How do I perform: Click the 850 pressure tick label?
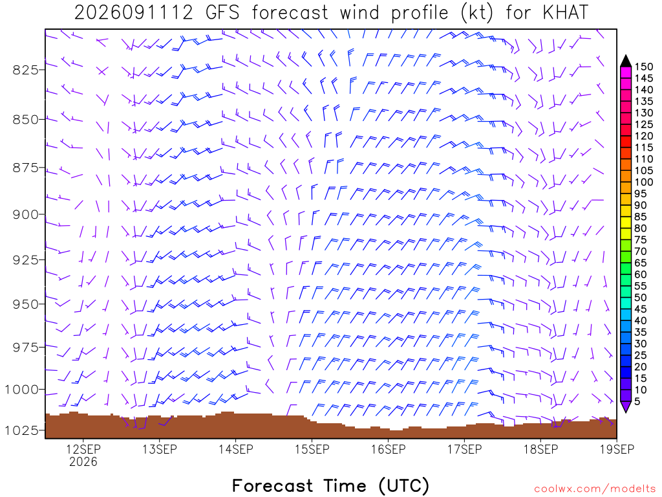(25, 120)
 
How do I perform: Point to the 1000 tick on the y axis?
(21, 389)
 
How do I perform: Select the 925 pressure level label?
(25, 260)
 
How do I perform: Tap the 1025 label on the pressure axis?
(21, 430)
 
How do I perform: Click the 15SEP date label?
(312, 449)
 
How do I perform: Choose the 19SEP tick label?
(617, 449)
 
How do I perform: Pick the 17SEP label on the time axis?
(464, 449)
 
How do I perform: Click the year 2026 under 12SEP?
(83, 461)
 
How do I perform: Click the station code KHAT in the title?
(565, 13)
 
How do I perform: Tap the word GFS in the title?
(222, 13)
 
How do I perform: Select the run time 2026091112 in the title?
(133, 13)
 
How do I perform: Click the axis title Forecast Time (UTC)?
(330, 485)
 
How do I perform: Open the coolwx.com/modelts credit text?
(595, 489)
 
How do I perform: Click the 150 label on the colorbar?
(644, 67)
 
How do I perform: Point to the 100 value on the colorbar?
(644, 182)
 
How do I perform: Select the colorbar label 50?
(641, 298)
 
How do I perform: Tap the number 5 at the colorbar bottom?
(637, 401)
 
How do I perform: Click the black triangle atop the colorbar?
(626, 61)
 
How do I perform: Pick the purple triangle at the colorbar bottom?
(626, 406)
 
